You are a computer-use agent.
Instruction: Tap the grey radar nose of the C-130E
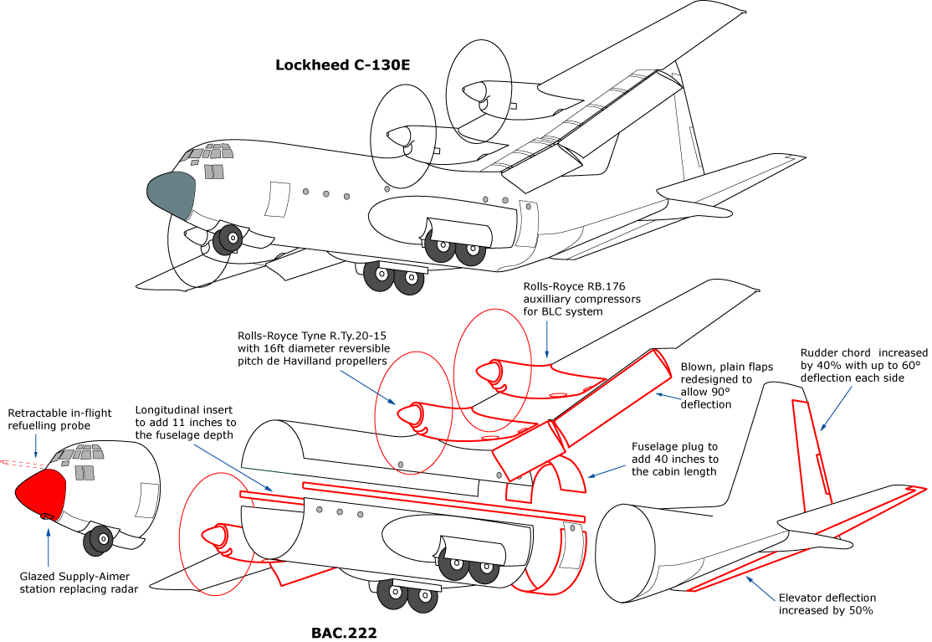pyautogui.click(x=171, y=195)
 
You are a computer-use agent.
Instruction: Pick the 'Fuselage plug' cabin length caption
pyautogui.click(x=674, y=459)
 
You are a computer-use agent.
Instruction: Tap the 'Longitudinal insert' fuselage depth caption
pyautogui.click(x=186, y=423)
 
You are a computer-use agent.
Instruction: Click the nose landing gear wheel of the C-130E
pyautogui.click(x=227, y=242)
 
